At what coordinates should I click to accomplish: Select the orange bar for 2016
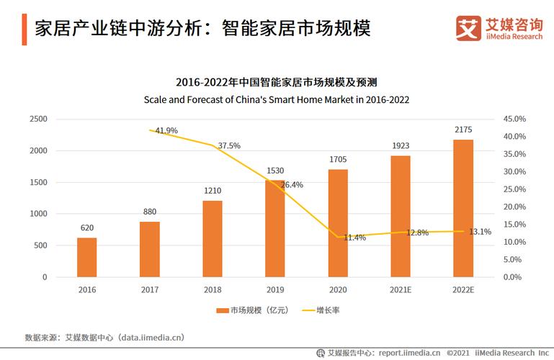click(x=86, y=257)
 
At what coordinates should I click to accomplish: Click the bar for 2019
click(x=274, y=229)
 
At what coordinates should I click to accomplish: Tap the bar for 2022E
click(x=463, y=208)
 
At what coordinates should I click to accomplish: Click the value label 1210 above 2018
click(x=213, y=192)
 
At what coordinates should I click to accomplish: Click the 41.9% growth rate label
click(x=166, y=130)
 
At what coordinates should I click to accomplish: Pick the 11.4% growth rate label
click(x=354, y=237)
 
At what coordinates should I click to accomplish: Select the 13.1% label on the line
click(x=480, y=232)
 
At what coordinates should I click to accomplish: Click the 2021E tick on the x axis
click(x=400, y=289)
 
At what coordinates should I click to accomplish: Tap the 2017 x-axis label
click(x=149, y=289)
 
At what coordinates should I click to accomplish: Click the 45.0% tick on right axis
click(x=514, y=119)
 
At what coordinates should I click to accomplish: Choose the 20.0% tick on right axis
click(x=514, y=207)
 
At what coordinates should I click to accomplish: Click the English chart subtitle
click(x=277, y=100)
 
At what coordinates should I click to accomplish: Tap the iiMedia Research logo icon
click(x=468, y=29)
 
